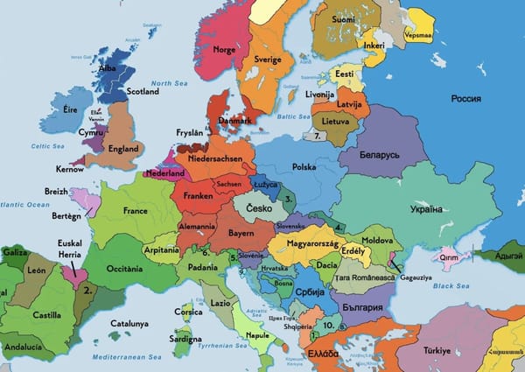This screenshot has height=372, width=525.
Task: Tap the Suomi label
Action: click(343, 18)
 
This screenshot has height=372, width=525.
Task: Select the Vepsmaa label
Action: click(420, 23)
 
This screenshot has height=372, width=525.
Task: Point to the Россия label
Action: click(466, 98)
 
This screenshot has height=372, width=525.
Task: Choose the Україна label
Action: click(426, 209)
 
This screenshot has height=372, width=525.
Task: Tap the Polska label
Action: click(304, 166)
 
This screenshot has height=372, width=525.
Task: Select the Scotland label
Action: click(143, 91)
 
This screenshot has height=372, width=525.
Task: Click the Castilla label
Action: click(46, 313)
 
